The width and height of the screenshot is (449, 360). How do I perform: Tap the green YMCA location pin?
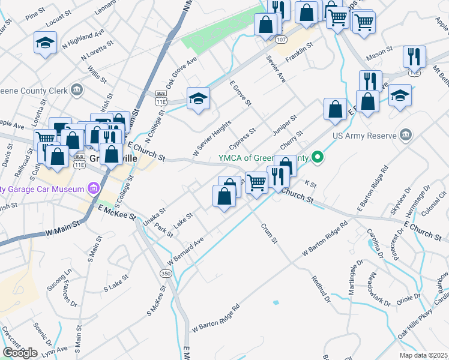click(x=319, y=158)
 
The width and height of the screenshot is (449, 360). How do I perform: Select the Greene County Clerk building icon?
click(x=77, y=91)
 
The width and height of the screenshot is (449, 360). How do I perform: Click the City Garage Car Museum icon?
click(x=92, y=190)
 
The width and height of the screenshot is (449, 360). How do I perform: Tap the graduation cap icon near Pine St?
click(x=45, y=43)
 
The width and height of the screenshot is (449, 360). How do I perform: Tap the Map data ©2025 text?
click(x=424, y=355)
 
